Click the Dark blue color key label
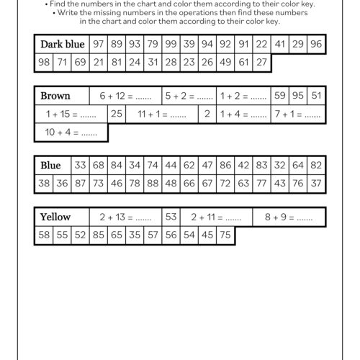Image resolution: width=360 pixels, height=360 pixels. [63, 45]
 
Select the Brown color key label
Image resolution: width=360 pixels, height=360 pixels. [55, 96]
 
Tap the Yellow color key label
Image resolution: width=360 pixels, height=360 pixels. [55, 217]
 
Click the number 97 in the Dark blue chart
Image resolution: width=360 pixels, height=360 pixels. [99, 45]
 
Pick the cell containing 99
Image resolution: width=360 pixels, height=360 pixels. [171, 45]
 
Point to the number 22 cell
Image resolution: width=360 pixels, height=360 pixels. [261, 45]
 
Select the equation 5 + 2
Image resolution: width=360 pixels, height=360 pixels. [189, 96]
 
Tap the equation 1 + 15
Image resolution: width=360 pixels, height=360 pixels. [71, 114]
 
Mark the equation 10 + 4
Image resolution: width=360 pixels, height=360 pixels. [71, 132]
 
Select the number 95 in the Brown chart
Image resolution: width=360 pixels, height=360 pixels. [298, 96]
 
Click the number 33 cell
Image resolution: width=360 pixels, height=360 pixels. [81, 166]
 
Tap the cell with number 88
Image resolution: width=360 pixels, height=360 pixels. [153, 184]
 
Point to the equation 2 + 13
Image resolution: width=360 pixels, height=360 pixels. [125, 217]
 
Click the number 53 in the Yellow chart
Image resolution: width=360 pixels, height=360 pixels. [171, 217]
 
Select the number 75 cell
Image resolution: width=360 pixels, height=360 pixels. [225, 235]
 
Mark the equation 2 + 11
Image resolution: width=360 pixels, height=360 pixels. [215, 217]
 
